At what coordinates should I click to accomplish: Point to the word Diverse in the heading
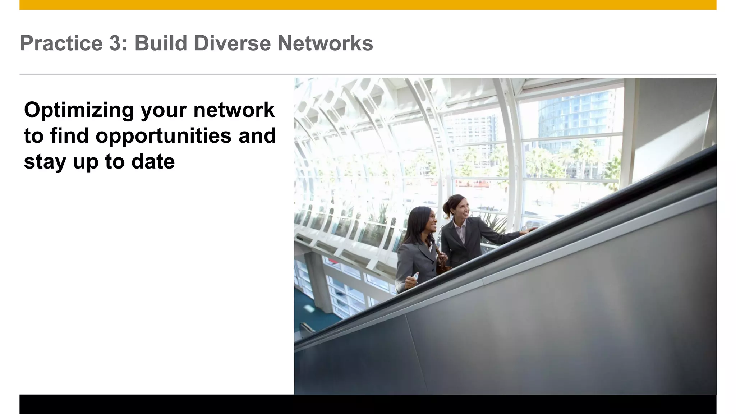(233, 43)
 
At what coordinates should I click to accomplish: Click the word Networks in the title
(325, 43)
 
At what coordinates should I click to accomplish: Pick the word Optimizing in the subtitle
(79, 110)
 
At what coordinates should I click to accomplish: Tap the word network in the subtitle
(234, 110)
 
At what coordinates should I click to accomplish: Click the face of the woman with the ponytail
(461, 208)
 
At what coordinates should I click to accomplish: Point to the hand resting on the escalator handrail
(529, 230)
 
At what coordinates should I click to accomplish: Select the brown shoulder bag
(442, 264)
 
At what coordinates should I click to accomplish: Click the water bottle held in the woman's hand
(415, 276)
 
